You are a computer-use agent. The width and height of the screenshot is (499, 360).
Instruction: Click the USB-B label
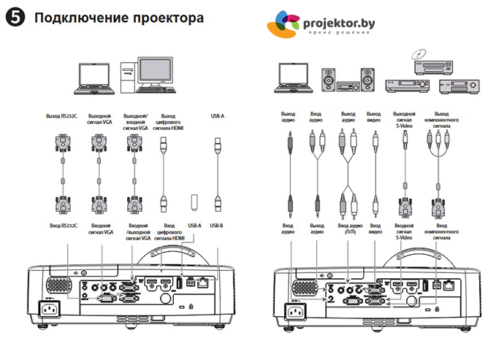pos(217,226)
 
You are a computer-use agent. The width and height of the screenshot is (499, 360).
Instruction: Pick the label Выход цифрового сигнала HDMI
pos(167,121)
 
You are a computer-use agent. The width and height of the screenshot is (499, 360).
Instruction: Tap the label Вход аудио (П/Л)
pos(346,231)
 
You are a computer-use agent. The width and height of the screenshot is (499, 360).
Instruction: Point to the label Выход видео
pos(373,118)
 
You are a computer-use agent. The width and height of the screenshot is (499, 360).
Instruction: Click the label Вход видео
pos(373,231)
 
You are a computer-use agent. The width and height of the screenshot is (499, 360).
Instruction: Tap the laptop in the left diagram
pos(93,81)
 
